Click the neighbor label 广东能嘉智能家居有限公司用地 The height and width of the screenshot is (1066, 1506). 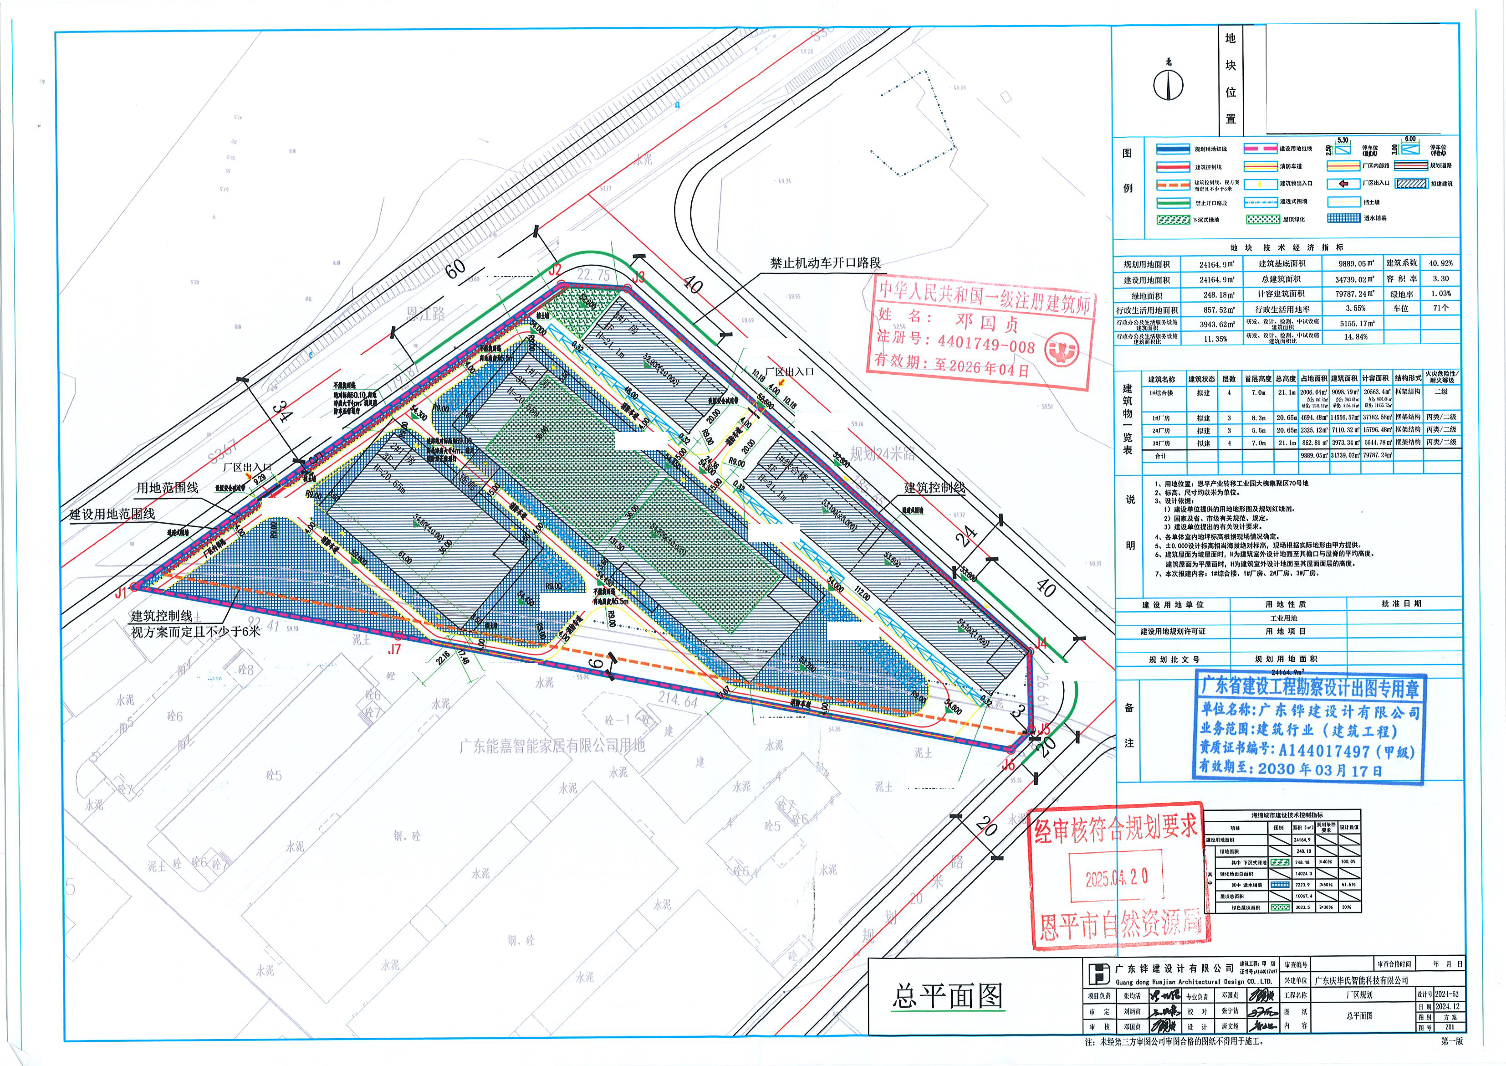(552, 746)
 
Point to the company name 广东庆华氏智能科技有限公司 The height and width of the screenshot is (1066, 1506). (1361, 980)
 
